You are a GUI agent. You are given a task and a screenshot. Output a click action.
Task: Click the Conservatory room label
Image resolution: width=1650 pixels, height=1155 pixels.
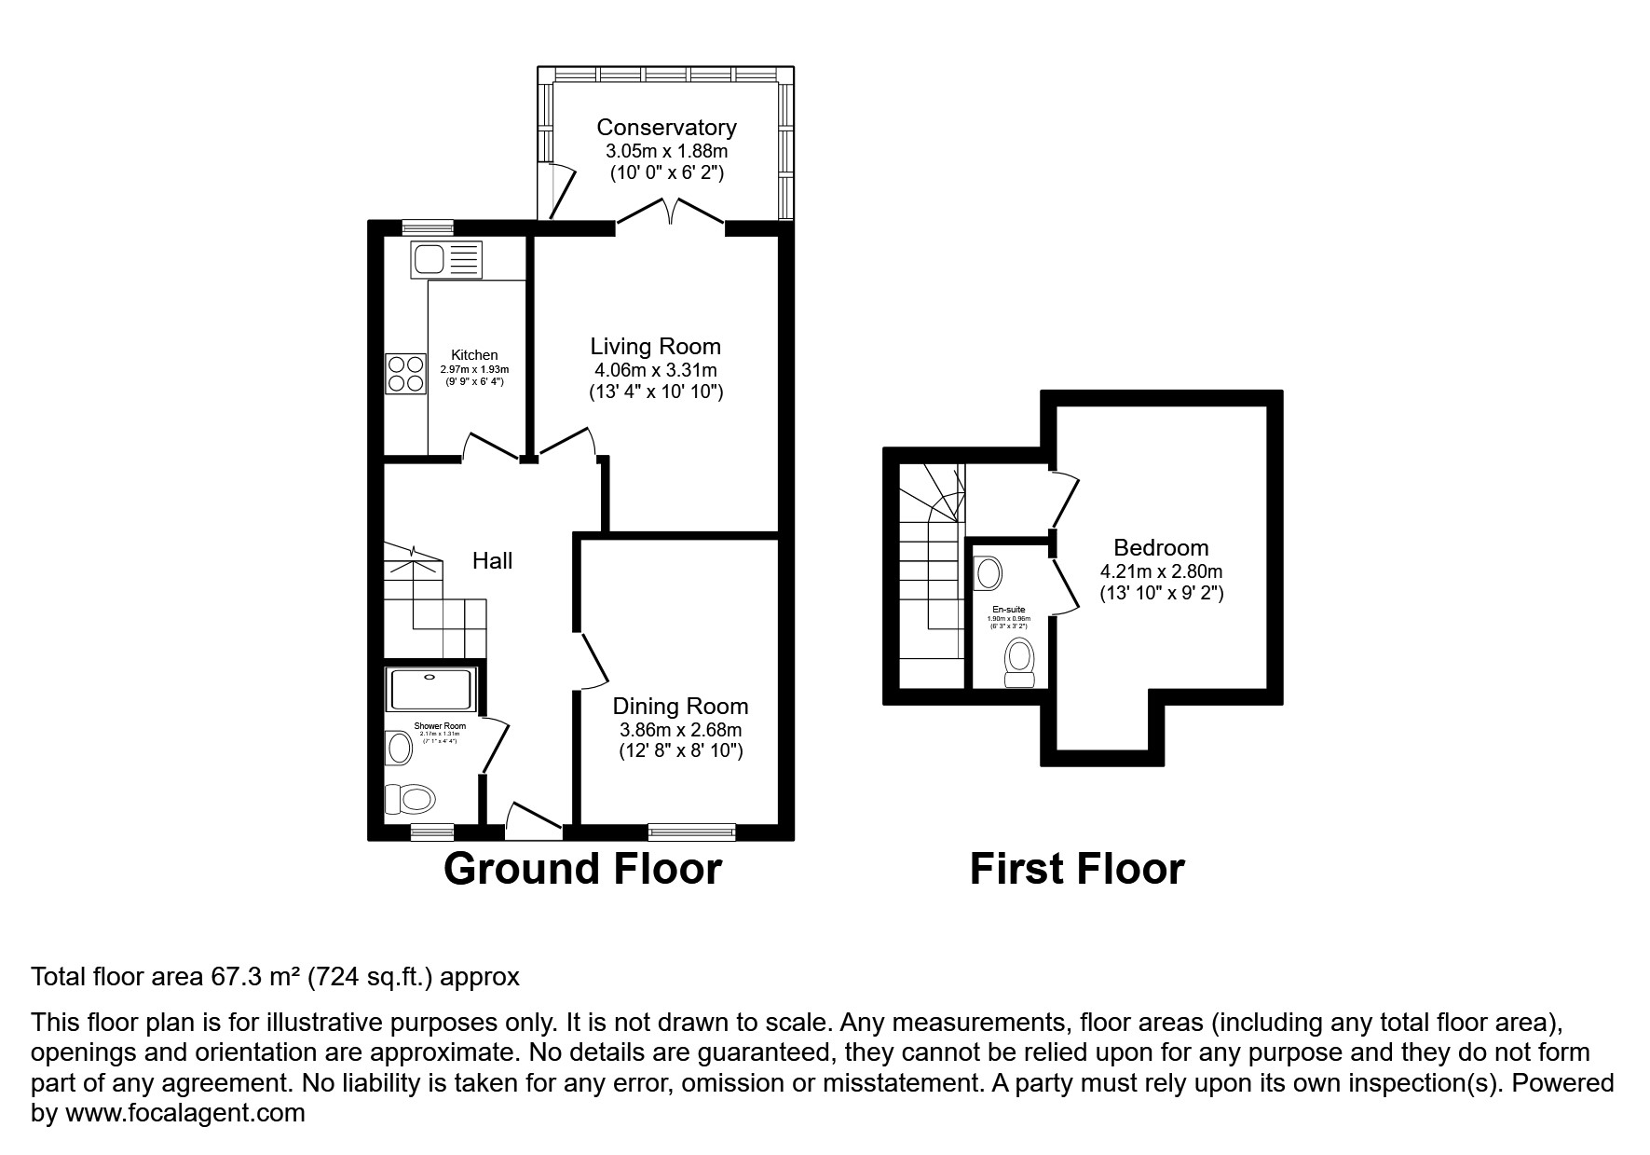[666, 127]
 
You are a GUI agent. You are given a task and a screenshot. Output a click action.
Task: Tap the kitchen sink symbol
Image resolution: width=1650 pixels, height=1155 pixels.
[446, 258]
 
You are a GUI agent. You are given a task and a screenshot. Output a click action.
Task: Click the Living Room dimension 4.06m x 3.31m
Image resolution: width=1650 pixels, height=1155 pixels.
[655, 370]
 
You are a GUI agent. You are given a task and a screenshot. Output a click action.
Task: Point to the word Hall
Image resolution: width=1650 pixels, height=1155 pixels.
[492, 560]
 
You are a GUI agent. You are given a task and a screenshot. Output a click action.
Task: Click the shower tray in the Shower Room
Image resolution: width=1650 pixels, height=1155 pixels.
[432, 690]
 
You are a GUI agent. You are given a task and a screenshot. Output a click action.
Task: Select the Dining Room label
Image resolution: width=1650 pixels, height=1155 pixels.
[680, 707]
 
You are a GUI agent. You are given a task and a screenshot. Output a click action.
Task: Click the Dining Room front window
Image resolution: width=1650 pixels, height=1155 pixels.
[691, 829]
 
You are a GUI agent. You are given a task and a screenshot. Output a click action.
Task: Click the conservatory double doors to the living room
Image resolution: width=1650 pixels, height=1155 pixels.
[670, 212]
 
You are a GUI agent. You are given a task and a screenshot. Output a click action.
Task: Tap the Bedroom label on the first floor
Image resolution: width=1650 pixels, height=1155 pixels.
[1161, 547]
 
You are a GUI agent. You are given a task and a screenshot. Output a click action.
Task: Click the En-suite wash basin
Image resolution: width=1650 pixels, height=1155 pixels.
[988, 572]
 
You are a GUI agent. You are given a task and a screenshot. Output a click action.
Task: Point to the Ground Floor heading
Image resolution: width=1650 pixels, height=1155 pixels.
[582, 869]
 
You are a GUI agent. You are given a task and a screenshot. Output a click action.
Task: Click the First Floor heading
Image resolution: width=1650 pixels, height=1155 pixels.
[1076, 869]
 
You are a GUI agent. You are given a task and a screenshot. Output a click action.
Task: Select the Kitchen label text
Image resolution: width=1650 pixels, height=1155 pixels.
[474, 355]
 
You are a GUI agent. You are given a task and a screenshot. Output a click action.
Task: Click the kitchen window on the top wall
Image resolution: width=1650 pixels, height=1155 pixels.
[428, 227]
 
